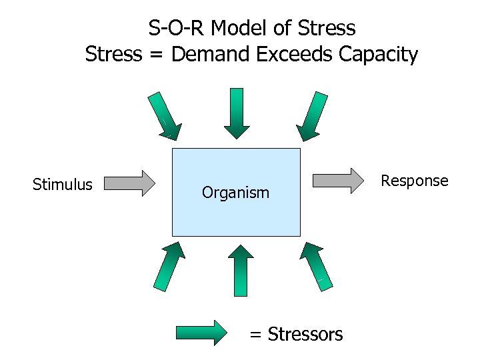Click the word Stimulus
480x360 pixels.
pyautogui.click(x=63, y=185)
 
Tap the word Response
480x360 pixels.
pyautogui.click(x=414, y=181)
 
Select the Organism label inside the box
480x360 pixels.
pyautogui.click(x=235, y=193)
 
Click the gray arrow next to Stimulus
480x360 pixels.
pyautogui.click(x=130, y=183)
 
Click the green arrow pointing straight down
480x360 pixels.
pyautogui.click(x=237, y=113)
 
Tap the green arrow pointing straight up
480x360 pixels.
pyautogui.click(x=241, y=271)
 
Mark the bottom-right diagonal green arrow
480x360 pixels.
pyautogui.click(x=314, y=265)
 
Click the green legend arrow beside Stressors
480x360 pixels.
pyautogui.click(x=201, y=332)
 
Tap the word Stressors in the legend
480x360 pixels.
pyautogui.click(x=305, y=334)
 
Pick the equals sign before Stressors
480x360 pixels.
pyautogui.click(x=256, y=335)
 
